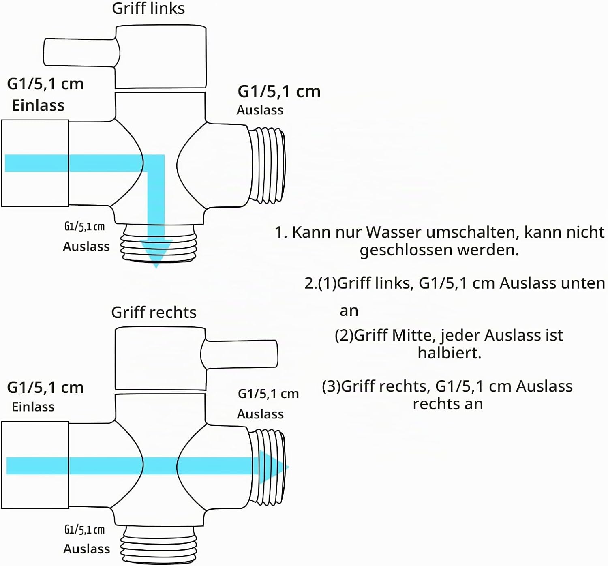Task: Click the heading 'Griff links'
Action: pyautogui.click(x=148, y=8)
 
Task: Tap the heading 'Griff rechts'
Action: pyautogui.click(x=154, y=313)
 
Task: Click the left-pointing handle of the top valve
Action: pyautogui.click(x=81, y=52)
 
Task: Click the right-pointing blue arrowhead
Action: pyautogui.click(x=274, y=467)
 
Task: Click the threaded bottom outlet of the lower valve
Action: pyautogui.click(x=158, y=546)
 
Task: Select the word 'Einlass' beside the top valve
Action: pyautogui.click(x=38, y=105)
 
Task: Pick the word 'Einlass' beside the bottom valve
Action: pyautogui.click(x=33, y=407)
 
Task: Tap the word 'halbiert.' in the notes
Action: pyautogui.click(x=450, y=353)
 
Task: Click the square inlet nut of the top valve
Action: pyautogui.click(x=35, y=163)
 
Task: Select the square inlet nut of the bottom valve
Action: pyautogui.click(x=35, y=465)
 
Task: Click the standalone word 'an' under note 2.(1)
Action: pyautogui.click(x=349, y=311)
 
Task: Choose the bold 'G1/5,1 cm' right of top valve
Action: pyautogui.click(x=279, y=92)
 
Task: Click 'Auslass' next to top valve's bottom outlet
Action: pyautogui.click(x=86, y=247)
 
